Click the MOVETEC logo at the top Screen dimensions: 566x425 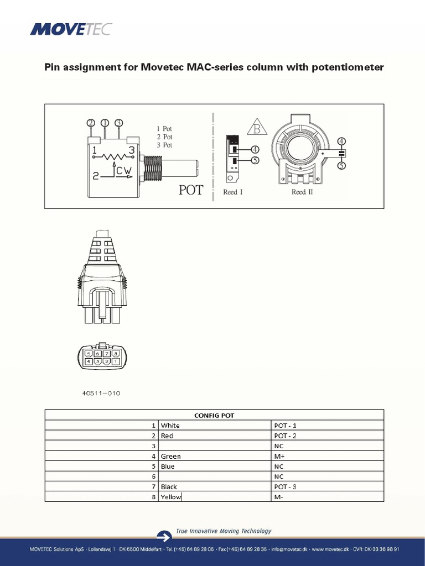pos(70,28)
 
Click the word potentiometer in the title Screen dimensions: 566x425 pos(349,67)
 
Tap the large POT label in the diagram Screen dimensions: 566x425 pos(191,190)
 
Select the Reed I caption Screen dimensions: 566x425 pos(232,192)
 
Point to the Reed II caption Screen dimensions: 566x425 pos(302,192)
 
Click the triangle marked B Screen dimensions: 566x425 pos(256,129)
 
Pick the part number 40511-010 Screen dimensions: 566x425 pos(101,394)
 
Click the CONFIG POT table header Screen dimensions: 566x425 pos(214,415)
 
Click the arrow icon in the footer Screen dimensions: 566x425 pos(164,536)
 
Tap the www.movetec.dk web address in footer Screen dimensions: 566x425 pos(330,549)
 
